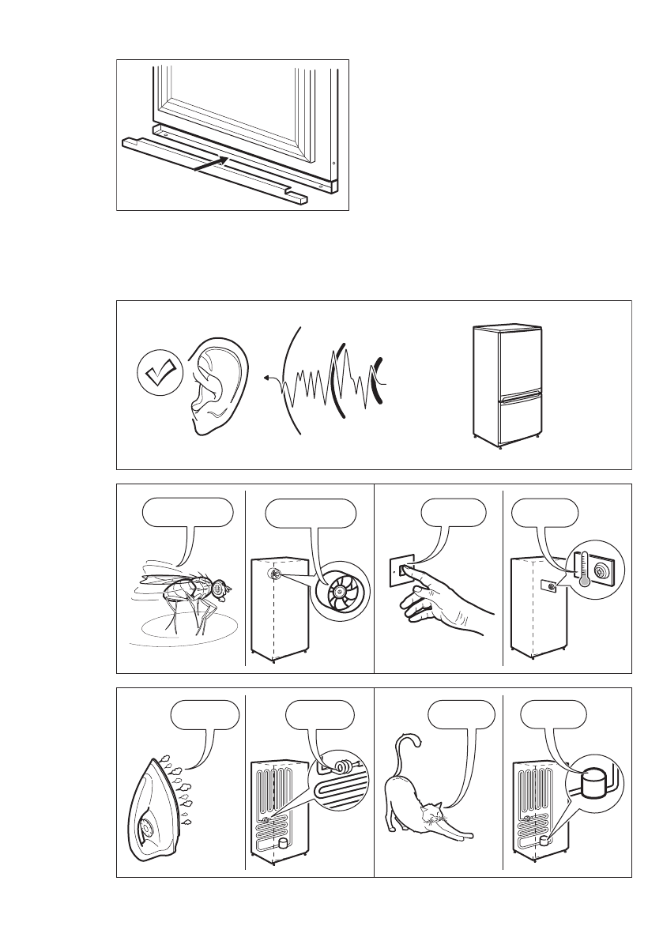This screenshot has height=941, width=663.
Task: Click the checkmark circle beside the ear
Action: tap(160, 375)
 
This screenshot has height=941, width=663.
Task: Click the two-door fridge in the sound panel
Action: tap(506, 386)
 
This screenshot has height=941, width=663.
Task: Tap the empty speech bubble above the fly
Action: tap(188, 514)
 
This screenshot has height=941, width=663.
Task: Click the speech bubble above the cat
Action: tap(461, 716)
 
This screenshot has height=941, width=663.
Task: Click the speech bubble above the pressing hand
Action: tap(453, 513)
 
